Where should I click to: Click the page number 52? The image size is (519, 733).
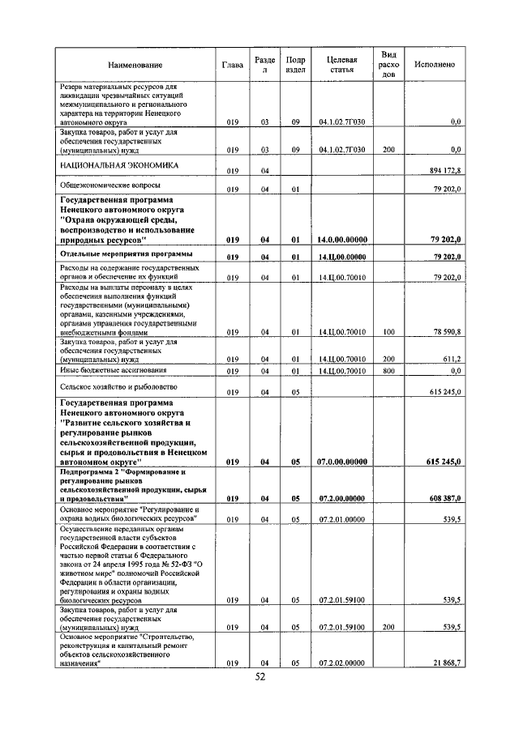pos(260,678)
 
